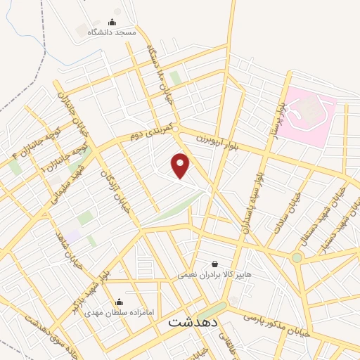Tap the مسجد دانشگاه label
[111, 32]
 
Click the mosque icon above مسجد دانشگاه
[112, 22]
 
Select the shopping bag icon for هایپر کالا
[214, 264]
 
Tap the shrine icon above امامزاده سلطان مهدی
[127, 302]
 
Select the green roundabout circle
[297, 258]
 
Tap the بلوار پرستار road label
[274, 112]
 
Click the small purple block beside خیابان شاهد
[73, 236]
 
